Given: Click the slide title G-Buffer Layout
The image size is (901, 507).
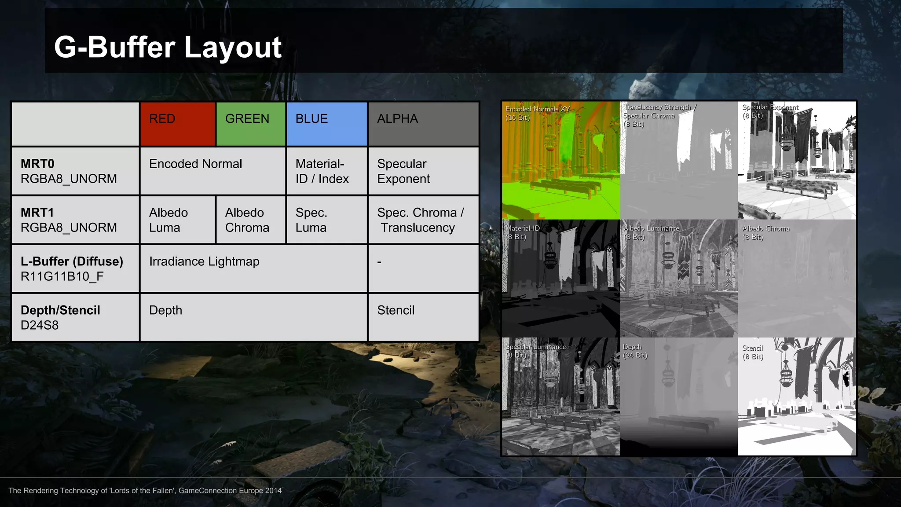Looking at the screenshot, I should [x=168, y=47].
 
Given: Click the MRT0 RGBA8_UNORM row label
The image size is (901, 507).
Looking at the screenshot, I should [x=69, y=171].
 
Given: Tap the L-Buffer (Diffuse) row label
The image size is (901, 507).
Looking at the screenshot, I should [x=72, y=268].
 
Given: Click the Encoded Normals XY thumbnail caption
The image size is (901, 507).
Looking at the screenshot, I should [x=537, y=113].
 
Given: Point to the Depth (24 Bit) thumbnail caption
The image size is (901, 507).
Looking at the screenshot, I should [x=635, y=351].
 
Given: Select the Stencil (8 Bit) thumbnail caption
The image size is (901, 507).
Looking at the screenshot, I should [x=753, y=352].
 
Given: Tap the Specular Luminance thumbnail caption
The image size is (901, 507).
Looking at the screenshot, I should [x=535, y=351].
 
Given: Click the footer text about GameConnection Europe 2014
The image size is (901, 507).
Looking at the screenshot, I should [x=145, y=491].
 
